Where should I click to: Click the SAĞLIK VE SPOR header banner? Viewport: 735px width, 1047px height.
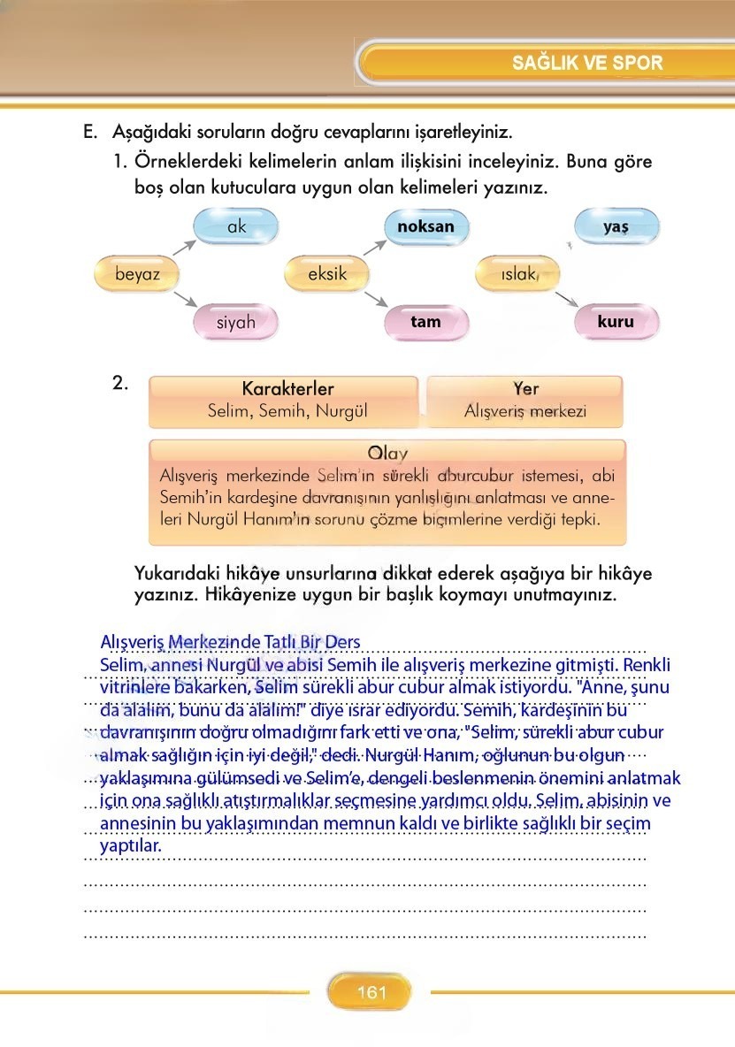[x=586, y=63]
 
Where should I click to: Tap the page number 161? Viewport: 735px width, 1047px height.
[x=371, y=992]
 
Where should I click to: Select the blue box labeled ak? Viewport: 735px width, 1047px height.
[x=236, y=227]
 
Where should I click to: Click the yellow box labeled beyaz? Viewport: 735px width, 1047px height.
[x=138, y=274]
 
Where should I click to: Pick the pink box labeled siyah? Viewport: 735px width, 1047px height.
[x=235, y=322]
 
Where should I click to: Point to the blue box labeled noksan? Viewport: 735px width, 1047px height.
[x=425, y=226]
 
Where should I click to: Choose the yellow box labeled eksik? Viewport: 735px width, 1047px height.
[x=327, y=274]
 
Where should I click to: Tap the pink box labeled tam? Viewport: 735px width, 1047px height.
[x=425, y=322]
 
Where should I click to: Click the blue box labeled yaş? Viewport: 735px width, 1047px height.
[x=616, y=226]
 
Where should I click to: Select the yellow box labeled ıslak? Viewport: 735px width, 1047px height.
[x=518, y=274]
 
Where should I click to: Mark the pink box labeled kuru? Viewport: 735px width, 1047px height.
[x=616, y=322]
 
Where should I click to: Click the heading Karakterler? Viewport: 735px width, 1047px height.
[x=287, y=389]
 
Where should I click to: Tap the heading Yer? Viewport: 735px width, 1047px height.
[x=525, y=389]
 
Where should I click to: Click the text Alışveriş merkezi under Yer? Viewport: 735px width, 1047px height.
[x=525, y=411]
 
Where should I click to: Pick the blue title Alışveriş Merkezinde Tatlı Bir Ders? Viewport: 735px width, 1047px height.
[x=231, y=642]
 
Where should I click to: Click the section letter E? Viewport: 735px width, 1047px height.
[x=88, y=133]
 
